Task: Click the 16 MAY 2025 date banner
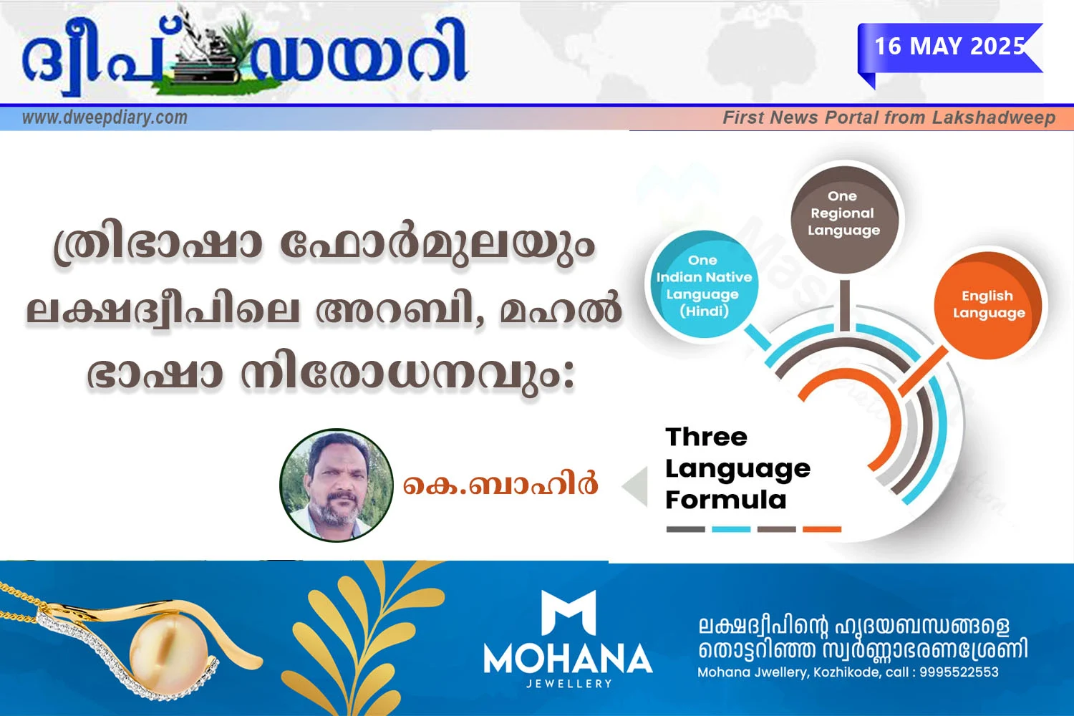(x=949, y=47)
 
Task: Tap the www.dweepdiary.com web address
(x=105, y=117)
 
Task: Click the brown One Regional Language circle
(x=844, y=220)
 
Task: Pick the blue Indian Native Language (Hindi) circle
(x=704, y=284)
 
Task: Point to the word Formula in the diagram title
(x=726, y=500)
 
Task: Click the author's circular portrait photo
(x=337, y=485)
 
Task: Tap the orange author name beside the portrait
(x=500, y=483)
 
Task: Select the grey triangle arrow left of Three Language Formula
(x=636, y=486)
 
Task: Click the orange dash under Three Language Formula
(x=822, y=529)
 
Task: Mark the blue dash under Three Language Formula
(x=731, y=529)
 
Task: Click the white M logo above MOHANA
(x=569, y=612)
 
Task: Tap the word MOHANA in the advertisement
(x=569, y=659)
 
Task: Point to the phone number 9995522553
(x=959, y=672)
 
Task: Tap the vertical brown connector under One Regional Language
(x=845, y=306)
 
